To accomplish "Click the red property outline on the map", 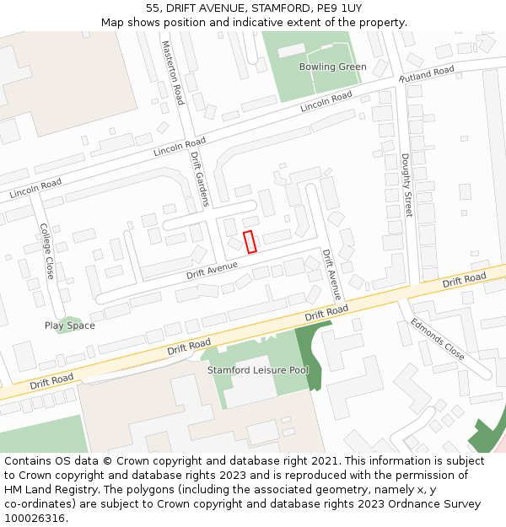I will point(250,242).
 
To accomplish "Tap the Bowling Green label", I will point(332,67).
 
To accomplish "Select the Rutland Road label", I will point(427,74).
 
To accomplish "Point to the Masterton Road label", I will point(172,73).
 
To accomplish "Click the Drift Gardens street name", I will point(199,179).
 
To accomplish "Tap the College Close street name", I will point(47,251).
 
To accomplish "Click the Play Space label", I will point(69,325).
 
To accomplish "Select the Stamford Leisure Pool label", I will point(258,370).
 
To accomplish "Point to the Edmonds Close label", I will point(438,339).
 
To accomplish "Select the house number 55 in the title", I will point(153,8).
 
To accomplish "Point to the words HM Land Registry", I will point(48,490).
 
